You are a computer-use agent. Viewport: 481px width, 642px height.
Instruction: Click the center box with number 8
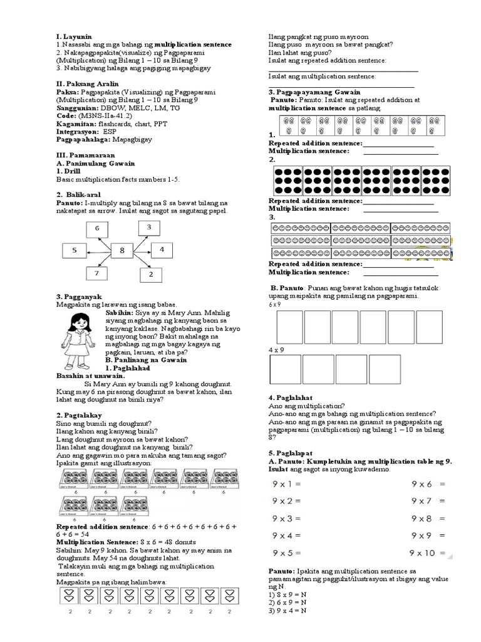(122, 251)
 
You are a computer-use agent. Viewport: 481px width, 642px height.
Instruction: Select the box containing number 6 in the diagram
(97, 229)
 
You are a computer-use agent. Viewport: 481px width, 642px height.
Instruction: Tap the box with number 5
(75, 250)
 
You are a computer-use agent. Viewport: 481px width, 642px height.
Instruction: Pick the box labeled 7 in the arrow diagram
(96, 274)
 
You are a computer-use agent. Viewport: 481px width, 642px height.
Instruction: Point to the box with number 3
(148, 226)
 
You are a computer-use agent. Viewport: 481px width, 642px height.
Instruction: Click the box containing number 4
(162, 250)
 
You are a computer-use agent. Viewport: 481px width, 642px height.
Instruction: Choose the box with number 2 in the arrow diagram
(151, 274)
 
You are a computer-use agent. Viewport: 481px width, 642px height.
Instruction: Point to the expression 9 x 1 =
(287, 484)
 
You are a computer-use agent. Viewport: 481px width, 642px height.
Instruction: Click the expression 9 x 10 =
(428, 552)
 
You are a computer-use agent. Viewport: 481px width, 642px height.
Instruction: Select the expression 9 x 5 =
(287, 552)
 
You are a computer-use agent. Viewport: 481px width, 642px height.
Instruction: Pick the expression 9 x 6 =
(428, 484)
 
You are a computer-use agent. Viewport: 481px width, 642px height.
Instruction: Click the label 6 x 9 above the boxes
(275, 303)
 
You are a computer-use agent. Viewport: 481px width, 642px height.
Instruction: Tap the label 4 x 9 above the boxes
(275, 350)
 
